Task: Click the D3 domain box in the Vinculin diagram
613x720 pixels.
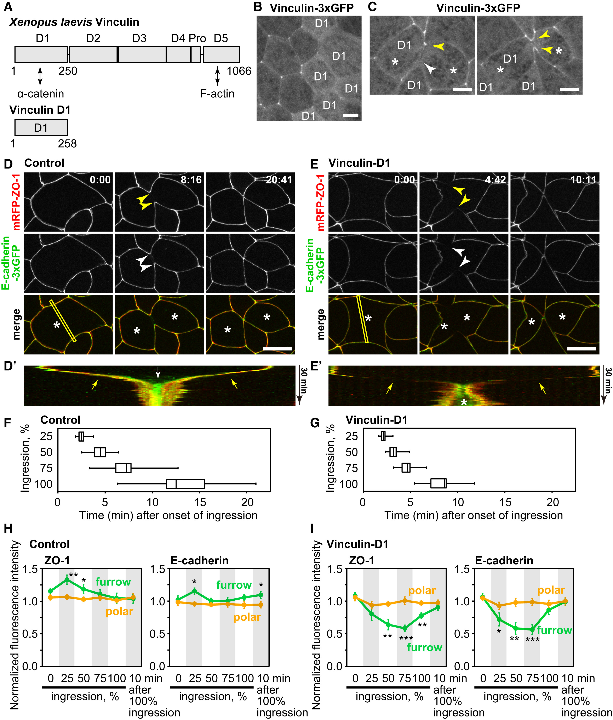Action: [x=142, y=55]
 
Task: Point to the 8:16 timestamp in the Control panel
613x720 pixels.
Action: [x=191, y=180]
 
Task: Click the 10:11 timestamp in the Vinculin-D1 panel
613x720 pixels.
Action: [x=583, y=180]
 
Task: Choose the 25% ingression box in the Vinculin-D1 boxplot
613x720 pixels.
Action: [x=383, y=436]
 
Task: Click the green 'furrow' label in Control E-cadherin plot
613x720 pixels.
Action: [x=234, y=585]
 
